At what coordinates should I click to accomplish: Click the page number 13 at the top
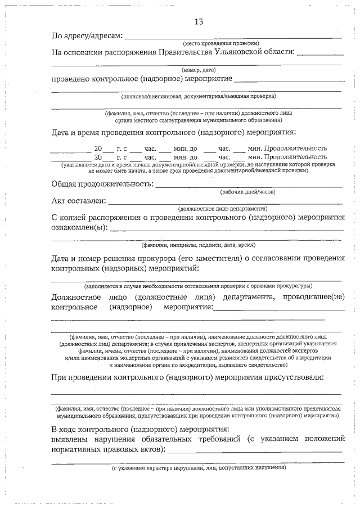(x=198, y=22)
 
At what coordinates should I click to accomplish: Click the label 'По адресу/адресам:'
(x=87, y=37)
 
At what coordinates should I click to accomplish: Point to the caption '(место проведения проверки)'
(x=220, y=44)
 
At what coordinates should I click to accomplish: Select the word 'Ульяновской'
(x=236, y=52)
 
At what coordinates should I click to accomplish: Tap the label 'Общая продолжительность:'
(x=102, y=184)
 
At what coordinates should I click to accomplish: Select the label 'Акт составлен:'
(x=78, y=200)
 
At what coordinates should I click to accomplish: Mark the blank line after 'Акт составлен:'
(x=225, y=202)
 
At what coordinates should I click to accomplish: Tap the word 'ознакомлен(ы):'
(x=79, y=228)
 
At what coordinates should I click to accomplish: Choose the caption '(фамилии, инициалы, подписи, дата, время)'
(x=198, y=245)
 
